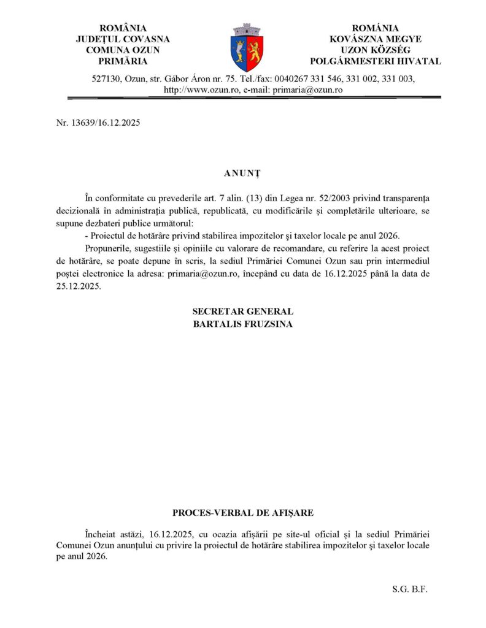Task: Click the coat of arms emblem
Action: coord(247,47)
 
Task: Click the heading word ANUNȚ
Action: coord(242,174)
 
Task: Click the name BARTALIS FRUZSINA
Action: coord(242,324)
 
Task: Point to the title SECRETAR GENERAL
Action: coord(242,312)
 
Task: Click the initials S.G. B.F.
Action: coord(409,589)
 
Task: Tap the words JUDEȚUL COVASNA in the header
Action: coord(123,39)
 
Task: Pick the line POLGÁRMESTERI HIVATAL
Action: coord(376,61)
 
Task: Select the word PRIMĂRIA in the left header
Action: coord(123,61)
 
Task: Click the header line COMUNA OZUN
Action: coord(123,50)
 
